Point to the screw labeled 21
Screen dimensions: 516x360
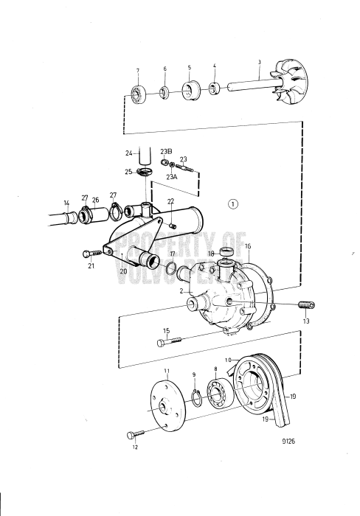tap(91, 254)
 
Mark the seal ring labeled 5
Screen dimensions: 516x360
tap(189, 91)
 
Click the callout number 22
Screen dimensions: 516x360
tap(170, 201)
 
